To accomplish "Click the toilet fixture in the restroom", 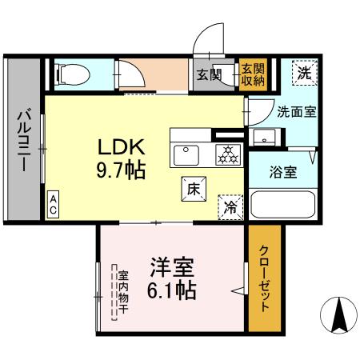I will point(70,75).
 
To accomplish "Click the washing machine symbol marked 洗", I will point(303,72).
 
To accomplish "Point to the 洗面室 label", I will point(296,112).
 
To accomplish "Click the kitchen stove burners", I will point(228,154).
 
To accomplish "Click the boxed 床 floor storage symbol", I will point(193,190).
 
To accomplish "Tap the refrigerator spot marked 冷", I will point(230,207).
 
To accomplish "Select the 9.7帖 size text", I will point(122,170).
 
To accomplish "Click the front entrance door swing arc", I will point(210,38).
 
